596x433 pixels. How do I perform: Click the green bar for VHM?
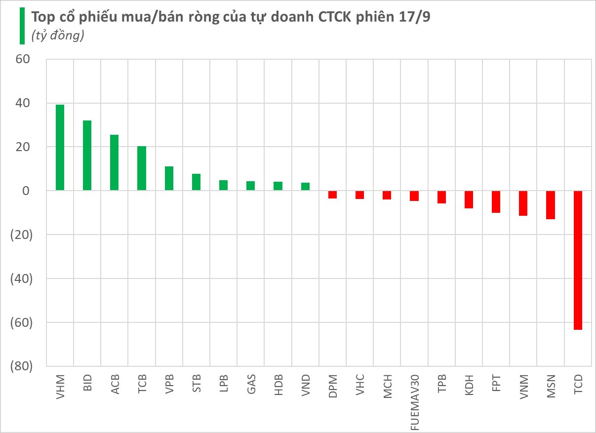60,148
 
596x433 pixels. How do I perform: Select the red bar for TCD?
578,260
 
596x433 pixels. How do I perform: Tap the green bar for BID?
87,156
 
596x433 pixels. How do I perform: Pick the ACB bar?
114,162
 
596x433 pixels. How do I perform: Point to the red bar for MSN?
551,205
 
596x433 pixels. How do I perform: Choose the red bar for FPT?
496,202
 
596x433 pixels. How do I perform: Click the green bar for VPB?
169,178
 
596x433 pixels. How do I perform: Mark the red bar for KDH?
469,199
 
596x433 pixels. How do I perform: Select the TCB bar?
142,168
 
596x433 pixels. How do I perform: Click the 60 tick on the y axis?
23,60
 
